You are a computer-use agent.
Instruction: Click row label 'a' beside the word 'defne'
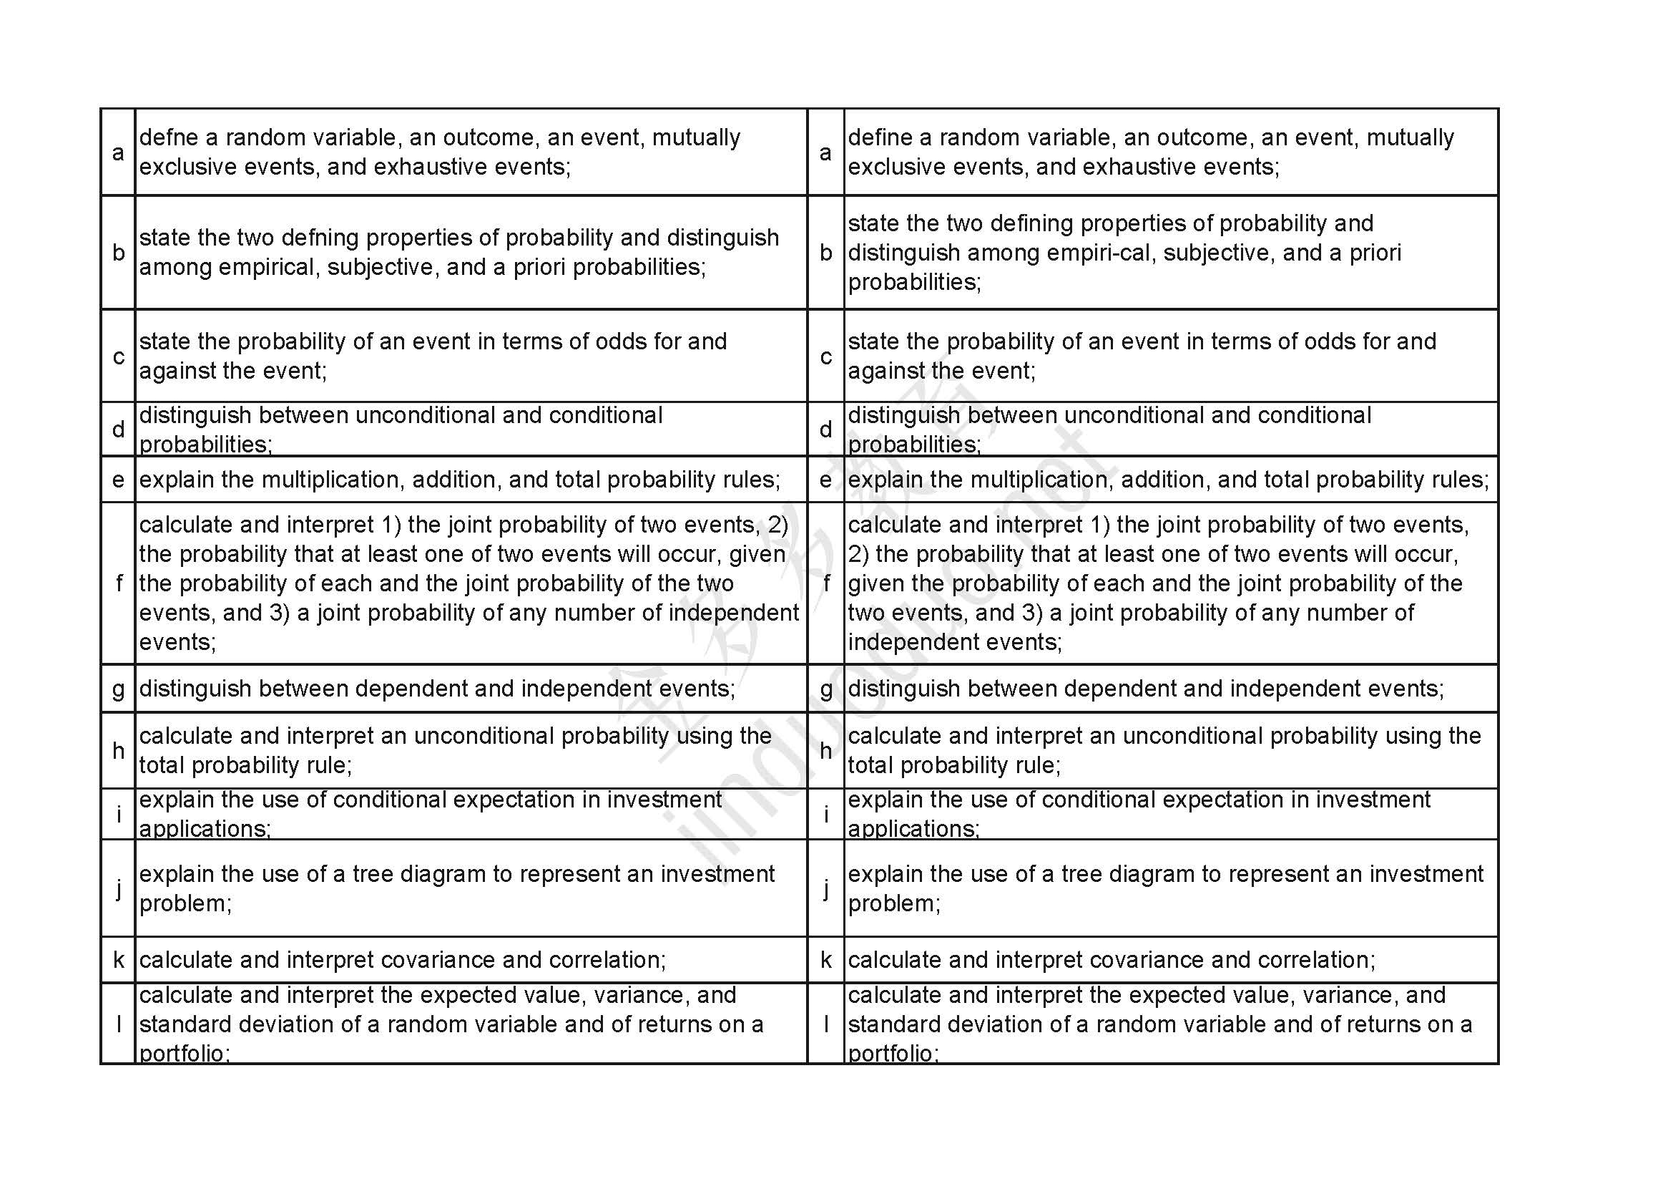(118, 152)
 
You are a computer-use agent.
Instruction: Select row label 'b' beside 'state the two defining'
(825, 252)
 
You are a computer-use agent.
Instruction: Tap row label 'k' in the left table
(118, 959)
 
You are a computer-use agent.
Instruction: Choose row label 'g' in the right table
(825, 688)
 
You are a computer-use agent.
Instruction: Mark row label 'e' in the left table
(118, 479)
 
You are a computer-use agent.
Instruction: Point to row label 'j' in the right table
(825, 888)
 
